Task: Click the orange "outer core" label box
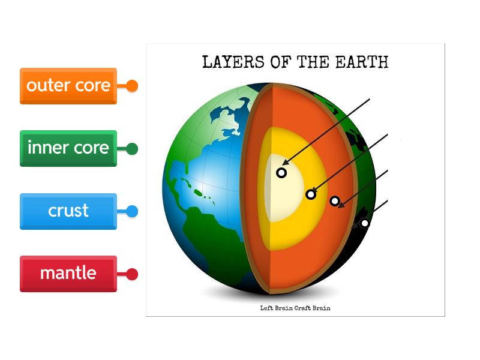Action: point(68,86)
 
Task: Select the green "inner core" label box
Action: point(68,148)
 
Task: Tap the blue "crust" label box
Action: point(68,211)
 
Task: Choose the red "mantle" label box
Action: point(68,274)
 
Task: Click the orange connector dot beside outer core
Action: point(132,86)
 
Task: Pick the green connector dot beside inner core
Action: point(132,149)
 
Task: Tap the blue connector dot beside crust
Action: point(132,211)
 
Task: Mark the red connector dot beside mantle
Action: point(132,274)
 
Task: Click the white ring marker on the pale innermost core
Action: point(281,173)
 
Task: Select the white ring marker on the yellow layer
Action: point(311,194)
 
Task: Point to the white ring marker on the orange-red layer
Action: point(335,201)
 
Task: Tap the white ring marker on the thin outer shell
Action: point(364,223)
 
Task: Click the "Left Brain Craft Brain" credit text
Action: point(295,308)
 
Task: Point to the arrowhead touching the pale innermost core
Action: point(286,162)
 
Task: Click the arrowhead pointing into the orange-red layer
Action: point(341,206)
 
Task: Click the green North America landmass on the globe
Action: point(198,132)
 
